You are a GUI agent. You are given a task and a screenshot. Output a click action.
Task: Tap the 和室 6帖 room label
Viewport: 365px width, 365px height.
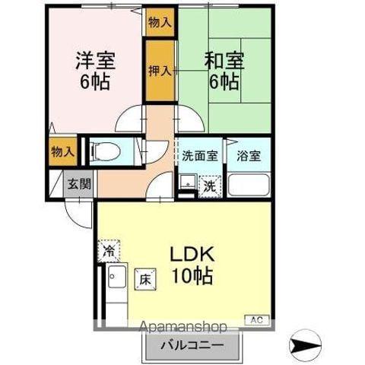click(222, 69)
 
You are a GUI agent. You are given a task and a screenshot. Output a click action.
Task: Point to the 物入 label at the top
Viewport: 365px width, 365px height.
click(160, 22)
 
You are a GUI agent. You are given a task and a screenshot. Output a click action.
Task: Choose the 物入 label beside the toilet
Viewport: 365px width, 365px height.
click(62, 152)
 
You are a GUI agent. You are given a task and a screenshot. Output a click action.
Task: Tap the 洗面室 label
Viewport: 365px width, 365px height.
click(199, 156)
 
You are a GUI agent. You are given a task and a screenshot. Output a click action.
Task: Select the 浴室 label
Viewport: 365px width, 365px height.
click(248, 156)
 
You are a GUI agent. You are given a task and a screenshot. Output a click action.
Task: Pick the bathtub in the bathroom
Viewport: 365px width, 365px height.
click(249, 185)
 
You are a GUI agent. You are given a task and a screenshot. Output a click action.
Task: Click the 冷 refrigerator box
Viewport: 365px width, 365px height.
click(109, 249)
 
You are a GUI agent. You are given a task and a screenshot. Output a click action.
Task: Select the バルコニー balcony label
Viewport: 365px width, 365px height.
click(191, 347)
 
